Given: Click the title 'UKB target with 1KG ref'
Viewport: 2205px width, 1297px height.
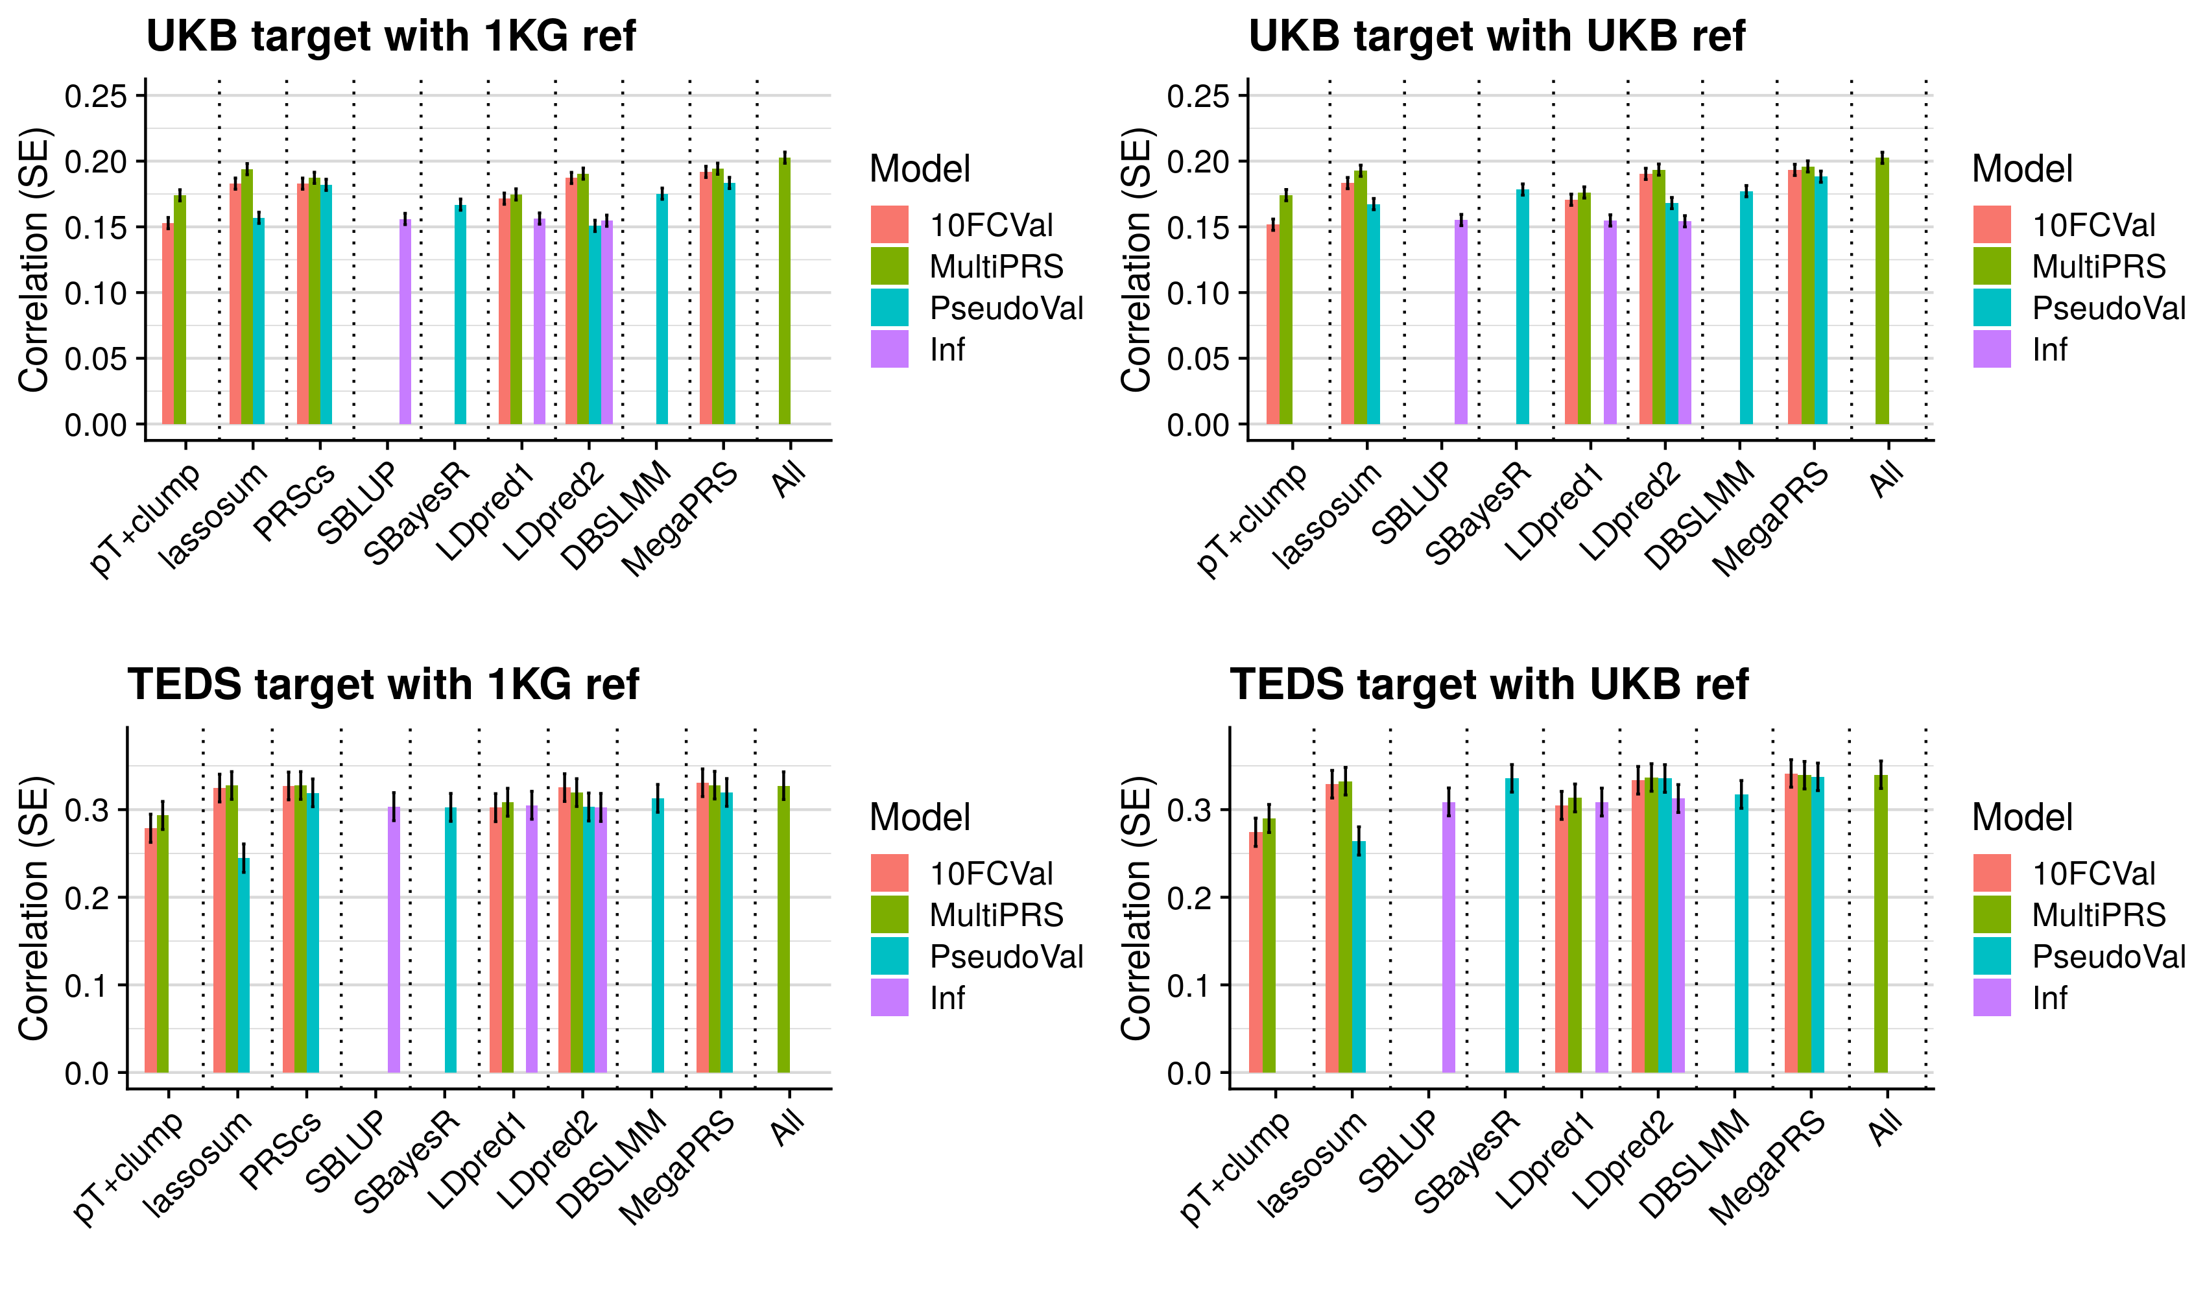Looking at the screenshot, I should pyautogui.click(x=390, y=37).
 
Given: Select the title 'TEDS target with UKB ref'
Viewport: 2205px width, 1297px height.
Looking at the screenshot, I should pyautogui.click(x=1488, y=684).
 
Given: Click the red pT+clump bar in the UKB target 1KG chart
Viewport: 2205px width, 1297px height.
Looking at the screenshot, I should pyautogui.click(x=168, y=324).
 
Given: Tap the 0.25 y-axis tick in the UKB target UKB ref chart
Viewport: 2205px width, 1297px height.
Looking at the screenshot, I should pyautogui.click(x=1198, y=96).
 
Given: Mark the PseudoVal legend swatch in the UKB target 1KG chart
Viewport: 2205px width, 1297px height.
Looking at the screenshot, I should pyautogui.click(x=889, y=308).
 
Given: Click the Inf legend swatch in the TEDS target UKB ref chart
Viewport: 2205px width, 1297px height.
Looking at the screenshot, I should pyautogui.click(x=1992, y=997).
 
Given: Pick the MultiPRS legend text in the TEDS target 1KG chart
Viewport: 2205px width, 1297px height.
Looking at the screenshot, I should pyautogui.click(x=995, y=916).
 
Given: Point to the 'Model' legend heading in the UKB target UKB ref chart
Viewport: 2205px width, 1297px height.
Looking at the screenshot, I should pyautogui.click(x=2021, y=169).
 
